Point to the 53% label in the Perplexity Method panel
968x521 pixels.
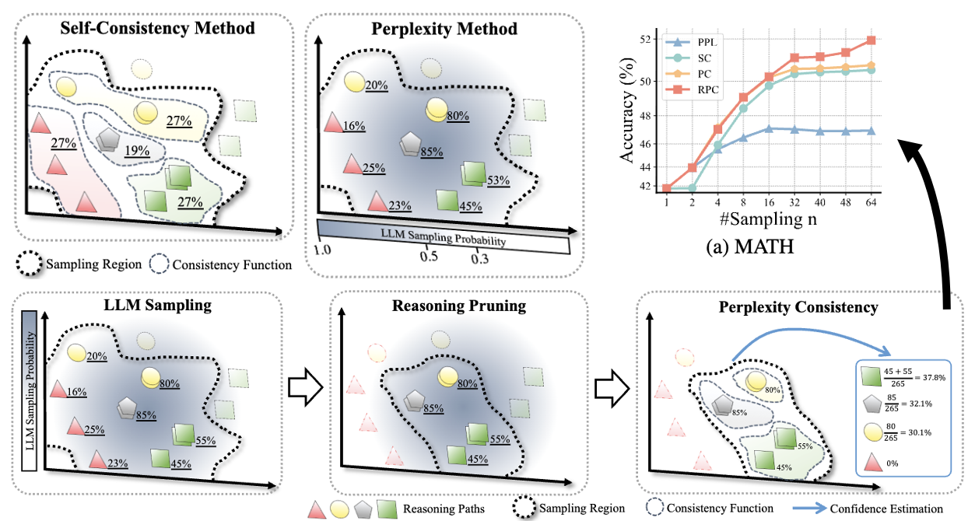(498, 181)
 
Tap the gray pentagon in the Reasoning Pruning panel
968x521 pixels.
(415, 401)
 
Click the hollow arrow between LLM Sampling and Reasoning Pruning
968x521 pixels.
(299, 386)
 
